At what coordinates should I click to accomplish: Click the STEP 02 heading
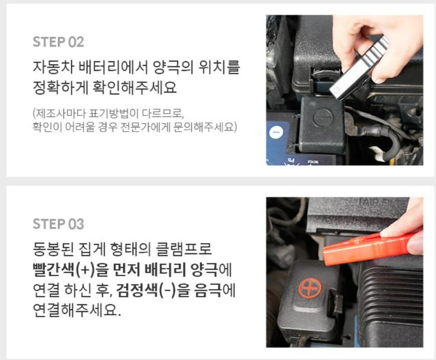tap(58, 42)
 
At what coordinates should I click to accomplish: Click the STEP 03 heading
tap(58, 224)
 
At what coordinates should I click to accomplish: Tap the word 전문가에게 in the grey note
tap(178, 126)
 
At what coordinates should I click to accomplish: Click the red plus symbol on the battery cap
tap(309, 289)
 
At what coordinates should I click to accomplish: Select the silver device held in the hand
tap(359, 67)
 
